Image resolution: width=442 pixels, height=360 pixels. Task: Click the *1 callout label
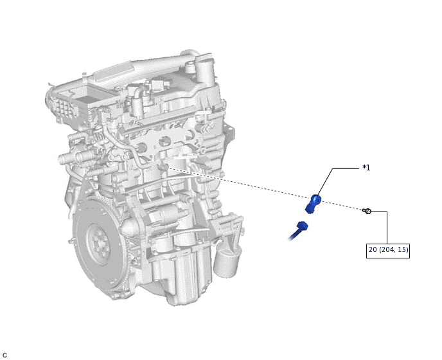tap(366, 168)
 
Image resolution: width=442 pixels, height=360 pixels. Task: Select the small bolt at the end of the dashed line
tap(367, 211)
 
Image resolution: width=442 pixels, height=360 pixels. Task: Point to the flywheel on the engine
tap(100, 244)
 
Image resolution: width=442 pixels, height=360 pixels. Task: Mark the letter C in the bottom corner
tap(5, 355)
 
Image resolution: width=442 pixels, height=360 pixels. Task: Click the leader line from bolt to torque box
tap(387, 225)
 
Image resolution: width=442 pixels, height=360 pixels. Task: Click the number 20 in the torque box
tap(373, 250)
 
